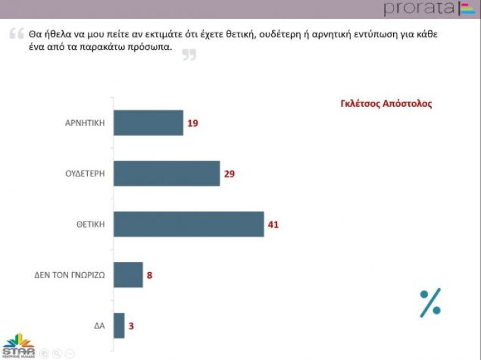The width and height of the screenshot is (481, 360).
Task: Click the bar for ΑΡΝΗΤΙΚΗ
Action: (x=148, y=123)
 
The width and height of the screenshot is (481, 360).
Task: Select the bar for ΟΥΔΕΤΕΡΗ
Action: (x=166, y=174)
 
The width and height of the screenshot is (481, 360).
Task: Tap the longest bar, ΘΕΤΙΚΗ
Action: (x=189, y=224)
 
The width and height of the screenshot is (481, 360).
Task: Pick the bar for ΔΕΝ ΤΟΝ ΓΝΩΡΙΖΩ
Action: (x=128, y=275)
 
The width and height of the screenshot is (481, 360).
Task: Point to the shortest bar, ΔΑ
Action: (x=119, y=326)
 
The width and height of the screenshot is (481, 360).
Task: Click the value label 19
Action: (x=193, y=123)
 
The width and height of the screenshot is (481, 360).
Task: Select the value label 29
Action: (x=229, y=174)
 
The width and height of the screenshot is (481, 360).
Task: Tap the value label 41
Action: (x=273, y=224)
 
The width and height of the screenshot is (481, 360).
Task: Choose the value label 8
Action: (x=149, y=275)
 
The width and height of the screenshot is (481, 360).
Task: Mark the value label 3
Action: (x=131, y=326)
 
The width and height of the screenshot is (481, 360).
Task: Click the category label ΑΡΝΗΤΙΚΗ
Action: (x=85, y=123)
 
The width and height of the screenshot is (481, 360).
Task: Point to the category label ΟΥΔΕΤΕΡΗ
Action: (x=85, y=174)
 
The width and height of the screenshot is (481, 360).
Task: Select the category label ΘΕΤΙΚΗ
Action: (x=90, y=224)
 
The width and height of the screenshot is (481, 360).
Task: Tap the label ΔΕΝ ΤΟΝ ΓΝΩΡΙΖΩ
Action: (x=69, y=275)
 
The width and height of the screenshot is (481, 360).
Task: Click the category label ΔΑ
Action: (x=100, y=326)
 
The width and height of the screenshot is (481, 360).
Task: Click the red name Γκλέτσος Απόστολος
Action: (x=387, y=104)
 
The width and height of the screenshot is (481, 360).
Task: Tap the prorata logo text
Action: (x=419, y=9)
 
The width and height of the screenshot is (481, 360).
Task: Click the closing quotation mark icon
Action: (x=189, y=55)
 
